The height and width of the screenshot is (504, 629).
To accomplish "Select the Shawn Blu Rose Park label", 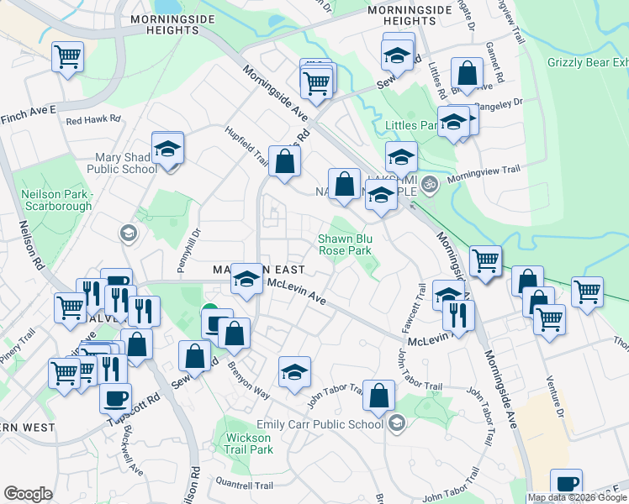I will click(x=344, y=244).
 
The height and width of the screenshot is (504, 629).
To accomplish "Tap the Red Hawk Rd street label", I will click(x=93, y=120).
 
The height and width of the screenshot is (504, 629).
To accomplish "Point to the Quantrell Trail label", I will click(x=245, y=486).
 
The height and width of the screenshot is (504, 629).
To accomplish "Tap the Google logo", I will click(x=28, y=494).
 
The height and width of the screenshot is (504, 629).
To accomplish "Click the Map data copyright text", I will click(x=577, y=497).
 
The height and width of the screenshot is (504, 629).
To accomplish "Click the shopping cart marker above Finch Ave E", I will click(x=67, y=57).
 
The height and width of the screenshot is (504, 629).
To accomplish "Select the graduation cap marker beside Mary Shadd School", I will click(x=168, y=149).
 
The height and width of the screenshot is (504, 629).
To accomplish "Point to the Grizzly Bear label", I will click(x=587, y=63).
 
